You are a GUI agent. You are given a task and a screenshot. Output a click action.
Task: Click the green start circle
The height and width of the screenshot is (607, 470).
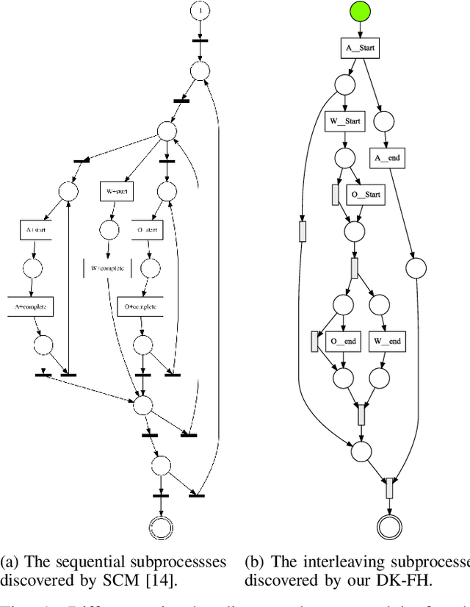pos(360,12)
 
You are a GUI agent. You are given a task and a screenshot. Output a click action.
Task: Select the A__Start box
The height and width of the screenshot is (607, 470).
pos(360,49)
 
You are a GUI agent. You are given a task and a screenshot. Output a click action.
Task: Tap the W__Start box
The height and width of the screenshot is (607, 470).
pos(345,121)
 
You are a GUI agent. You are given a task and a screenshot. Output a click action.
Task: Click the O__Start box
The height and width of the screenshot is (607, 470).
pos(365,195)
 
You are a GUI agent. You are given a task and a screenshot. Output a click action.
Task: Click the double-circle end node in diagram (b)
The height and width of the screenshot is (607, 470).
pos(391,525)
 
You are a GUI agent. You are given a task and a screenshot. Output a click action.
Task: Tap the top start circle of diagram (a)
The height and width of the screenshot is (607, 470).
pos(200,11)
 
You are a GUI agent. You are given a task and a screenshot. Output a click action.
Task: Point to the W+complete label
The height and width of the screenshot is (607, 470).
pos(107,267)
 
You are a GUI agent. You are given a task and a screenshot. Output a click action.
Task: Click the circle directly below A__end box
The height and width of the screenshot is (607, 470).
pos(416,267)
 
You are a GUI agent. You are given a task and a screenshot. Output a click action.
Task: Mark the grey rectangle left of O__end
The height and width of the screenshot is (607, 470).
pos(315,341)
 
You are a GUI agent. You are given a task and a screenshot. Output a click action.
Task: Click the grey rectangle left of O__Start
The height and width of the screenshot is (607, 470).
pos(335,195)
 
